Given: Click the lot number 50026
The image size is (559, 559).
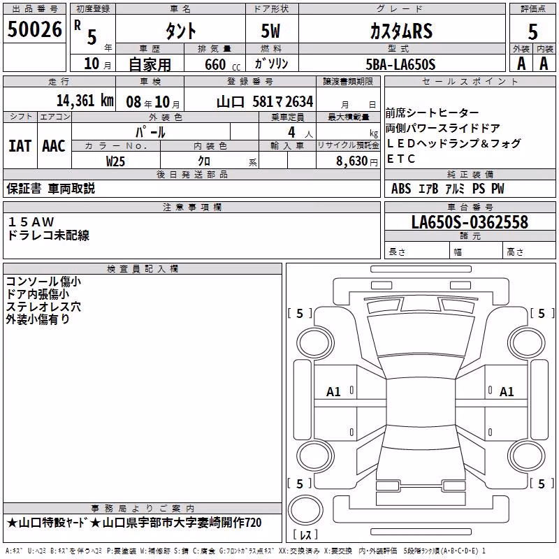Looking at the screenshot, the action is point(34,29).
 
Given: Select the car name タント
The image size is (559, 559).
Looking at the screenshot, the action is point(180,31).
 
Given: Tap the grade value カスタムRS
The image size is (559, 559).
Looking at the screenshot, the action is point(401,31).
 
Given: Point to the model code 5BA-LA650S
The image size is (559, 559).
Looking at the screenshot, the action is point(400,64).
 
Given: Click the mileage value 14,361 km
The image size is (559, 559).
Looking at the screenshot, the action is point(85,101).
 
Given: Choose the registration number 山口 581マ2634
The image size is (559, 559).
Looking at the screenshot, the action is point(265,102).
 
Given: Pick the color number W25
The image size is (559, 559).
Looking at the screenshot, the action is point(115,161).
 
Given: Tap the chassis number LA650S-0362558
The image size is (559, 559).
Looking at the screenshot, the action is point(470,222).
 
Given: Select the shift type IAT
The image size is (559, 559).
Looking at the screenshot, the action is point(20,146).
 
